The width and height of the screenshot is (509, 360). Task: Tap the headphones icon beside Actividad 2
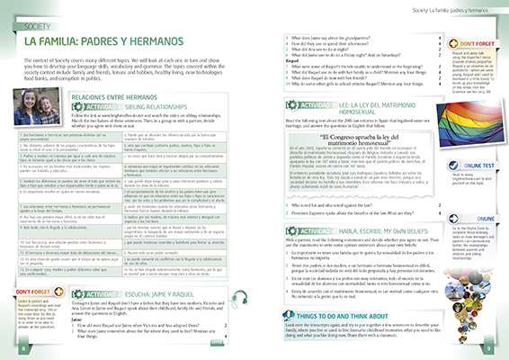[73, 322]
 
